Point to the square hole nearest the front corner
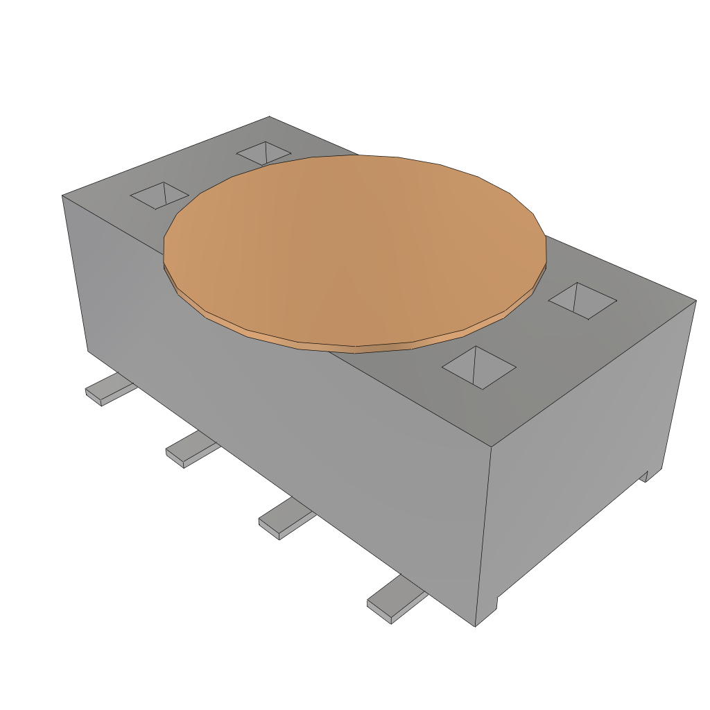point(478,367)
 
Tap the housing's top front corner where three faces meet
point(491,447)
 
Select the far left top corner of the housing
point(63,196)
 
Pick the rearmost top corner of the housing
point(269,117)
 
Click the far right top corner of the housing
point(695,301)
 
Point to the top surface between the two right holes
point(530,333)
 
